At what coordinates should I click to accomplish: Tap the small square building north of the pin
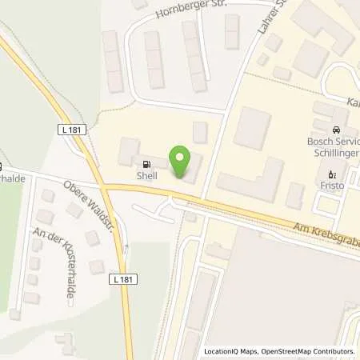(200, 132)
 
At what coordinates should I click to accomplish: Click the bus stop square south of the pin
(190, 216)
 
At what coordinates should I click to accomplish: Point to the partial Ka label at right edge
(353, 102)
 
